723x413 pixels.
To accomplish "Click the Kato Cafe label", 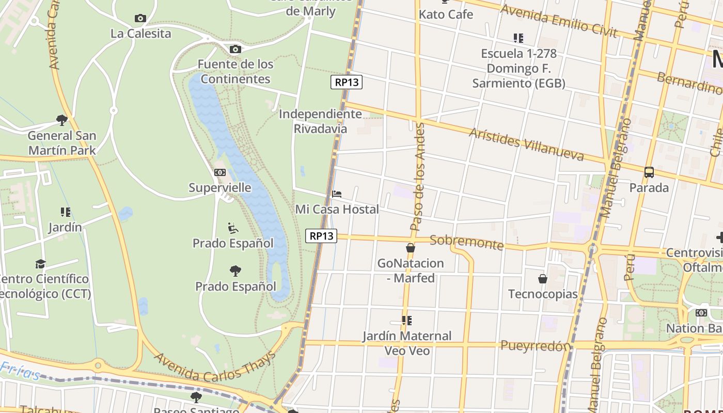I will [x=446, y=14].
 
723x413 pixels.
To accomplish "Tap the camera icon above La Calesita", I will [x=140, y=19].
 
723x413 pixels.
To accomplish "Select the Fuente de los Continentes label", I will [x=235, y=71].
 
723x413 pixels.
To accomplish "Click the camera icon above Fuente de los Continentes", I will [x=235, y=50].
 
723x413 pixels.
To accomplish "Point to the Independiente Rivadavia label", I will [x=320, y=121].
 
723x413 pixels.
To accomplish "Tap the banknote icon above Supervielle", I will [x=220, y=172].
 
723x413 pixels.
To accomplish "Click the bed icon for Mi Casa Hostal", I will [x=337, y=194].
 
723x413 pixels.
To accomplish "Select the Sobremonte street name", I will [x=466, y=242].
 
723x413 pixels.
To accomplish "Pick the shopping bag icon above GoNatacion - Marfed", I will [x=411, y=248].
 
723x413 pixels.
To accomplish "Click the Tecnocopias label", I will [x=543, y=294].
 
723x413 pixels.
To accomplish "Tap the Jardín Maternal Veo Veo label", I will [x=407, y=343].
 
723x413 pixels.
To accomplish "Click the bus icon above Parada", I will [x=649, y=172].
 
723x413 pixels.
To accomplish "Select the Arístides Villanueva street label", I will [x=526, y=144].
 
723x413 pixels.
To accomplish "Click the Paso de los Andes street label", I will [x=419, y=177].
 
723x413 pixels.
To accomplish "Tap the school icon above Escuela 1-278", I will [x=518, y=38].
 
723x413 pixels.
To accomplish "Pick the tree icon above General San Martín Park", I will [x=62, y=120].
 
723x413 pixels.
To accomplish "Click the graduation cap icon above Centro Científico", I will [x=40, y=264].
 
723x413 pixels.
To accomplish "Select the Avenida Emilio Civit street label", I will [x=559, y=21].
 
